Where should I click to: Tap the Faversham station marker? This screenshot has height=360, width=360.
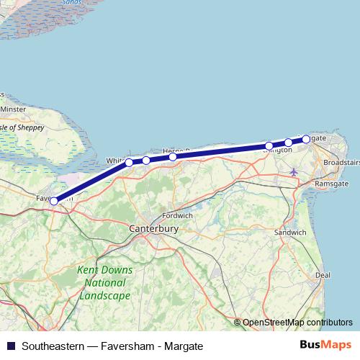tap(54, 201)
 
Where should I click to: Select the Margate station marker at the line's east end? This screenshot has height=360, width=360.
tap(306, 139)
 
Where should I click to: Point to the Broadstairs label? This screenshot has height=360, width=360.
tap(341, 163)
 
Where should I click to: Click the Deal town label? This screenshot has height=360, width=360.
tap(323, 275)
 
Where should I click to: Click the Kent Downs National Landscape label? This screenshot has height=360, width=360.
tap(104, 283)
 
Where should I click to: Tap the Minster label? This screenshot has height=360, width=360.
tap(12, 109)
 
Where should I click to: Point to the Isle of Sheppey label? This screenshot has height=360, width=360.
tap(22, 127)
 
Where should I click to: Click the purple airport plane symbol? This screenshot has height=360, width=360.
tap(293, 171)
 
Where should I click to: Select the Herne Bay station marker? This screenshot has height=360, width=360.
tap(173, 156)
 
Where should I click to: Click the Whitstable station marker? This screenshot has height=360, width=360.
tap(130, 162)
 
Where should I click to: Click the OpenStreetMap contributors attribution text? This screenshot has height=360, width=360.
tap(297, 323)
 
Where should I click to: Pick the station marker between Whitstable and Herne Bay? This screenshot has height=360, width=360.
tap(146, 160)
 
